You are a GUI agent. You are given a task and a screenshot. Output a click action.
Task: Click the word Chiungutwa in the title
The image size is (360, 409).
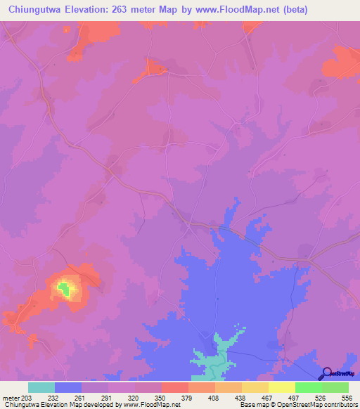tap(34, 9)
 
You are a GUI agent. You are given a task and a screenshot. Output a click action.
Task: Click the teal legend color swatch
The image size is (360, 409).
tap(41, 387)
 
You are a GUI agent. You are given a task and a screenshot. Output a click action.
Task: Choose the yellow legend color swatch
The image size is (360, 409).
tap(255, 387)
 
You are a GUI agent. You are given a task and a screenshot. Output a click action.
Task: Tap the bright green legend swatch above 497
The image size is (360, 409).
tap(309, 387)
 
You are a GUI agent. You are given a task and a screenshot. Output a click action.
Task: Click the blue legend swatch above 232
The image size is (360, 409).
tap(68, 387)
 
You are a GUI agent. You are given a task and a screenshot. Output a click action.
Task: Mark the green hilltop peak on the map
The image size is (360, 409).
tap(64, 287)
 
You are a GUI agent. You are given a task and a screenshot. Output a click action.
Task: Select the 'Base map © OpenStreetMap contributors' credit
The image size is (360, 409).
tap(297, 405)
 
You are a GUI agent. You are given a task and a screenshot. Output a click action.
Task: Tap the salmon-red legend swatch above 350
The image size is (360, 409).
tap(175, 387)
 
